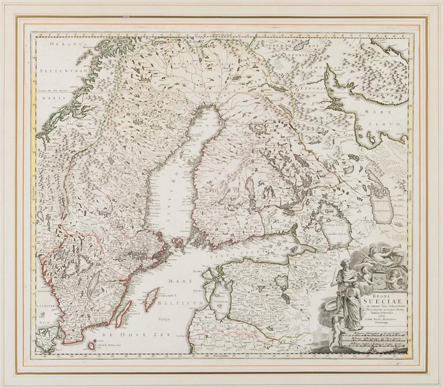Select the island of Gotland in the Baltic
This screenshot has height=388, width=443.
pos(151,299)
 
